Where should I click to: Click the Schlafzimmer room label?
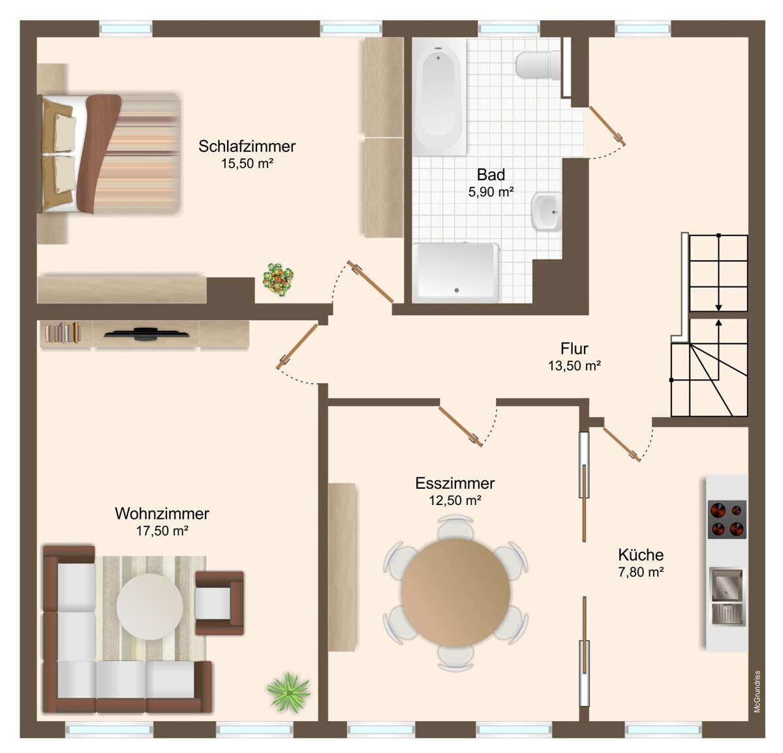247,146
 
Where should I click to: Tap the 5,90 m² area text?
491,192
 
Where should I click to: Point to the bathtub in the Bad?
438,97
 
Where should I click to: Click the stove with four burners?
727,519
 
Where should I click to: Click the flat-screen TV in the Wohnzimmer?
146,333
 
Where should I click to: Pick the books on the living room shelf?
63,332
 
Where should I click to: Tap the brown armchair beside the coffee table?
219,603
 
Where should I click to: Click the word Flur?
574,348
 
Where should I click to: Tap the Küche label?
641,555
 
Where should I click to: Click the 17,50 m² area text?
162,531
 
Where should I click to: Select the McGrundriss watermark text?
758,692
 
